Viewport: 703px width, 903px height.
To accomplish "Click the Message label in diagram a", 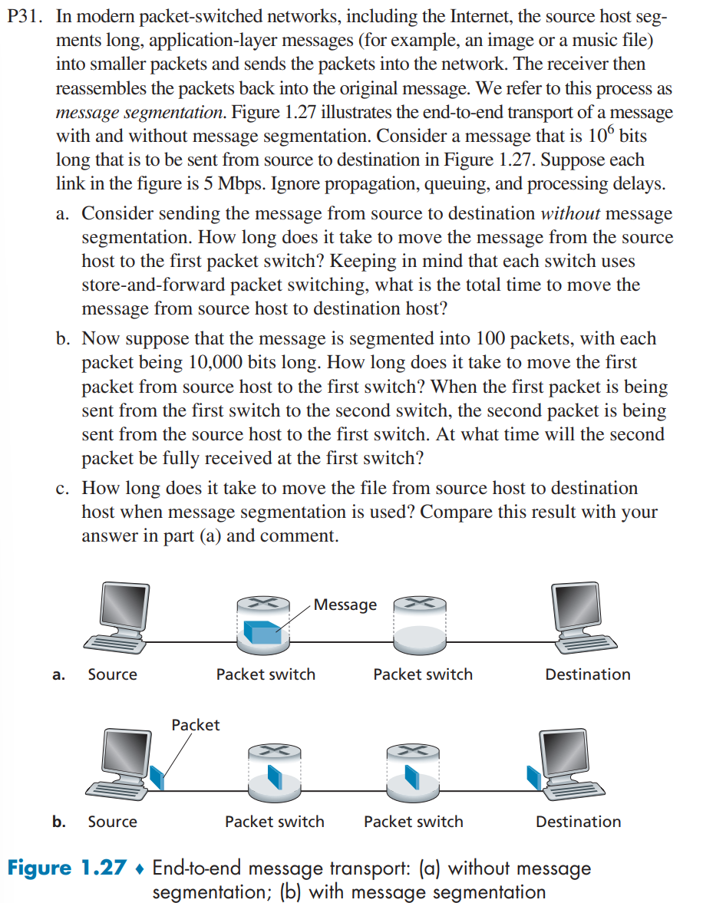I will coord(345,605).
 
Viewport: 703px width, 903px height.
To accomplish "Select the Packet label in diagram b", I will coord(195,725).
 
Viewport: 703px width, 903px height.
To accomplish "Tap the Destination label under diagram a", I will coord(587,674).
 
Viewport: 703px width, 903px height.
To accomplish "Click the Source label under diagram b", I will coord(112,822).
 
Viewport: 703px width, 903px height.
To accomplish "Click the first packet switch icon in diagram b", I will coord(274,771).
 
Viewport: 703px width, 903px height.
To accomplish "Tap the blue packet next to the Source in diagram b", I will coord(158,776).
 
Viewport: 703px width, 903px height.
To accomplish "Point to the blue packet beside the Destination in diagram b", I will coord(533,776).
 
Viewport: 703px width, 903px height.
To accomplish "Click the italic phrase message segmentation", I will coord(140,113).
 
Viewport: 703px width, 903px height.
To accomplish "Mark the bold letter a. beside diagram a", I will coord(58,675).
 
